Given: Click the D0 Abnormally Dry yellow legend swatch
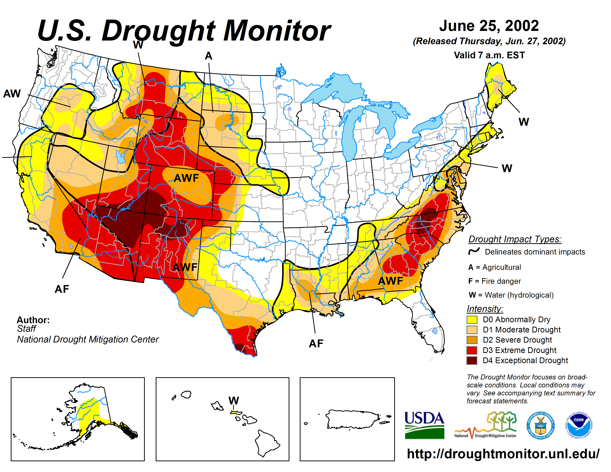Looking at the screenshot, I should pyautogui.click(x=472, y=319).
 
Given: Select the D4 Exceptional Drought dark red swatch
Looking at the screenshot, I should pyautogui.click(x=472, y=360).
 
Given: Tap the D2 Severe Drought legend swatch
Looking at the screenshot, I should pyautogui.click(x=472, y=340).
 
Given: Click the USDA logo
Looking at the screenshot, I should pyautogui.click(x=424, y=425).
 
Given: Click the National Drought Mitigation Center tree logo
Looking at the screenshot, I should pyautogui.click(x=486, y=425).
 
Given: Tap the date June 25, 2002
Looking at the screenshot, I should pyautogui.click(x=489, y=26).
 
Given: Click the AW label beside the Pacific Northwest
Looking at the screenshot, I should pyautogui.click(x=12, y=94).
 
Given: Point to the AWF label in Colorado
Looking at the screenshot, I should pyautogui.click(x=186, y=178).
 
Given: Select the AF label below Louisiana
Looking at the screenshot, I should pyautogui.click(x=316, y=343).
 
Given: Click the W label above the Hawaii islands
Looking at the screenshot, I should pyautogui.click(x=234, y=400).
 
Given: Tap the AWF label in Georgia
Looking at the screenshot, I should pyautogui.click(x=390, y=281).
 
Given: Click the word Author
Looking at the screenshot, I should pyautogui.click(x=33, y=320).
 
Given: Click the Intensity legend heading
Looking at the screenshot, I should pyautogui.click(x=485, y=309).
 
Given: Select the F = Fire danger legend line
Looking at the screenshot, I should pyautogui.click(x=494, y=281).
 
